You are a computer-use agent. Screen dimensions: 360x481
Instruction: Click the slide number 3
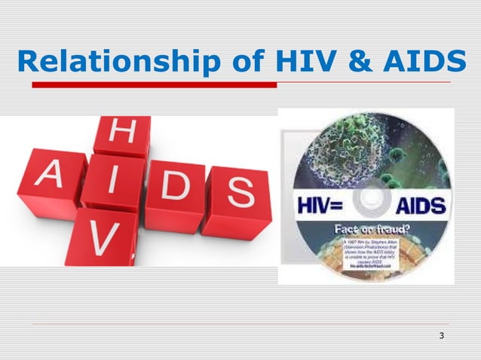click(441, 335)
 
